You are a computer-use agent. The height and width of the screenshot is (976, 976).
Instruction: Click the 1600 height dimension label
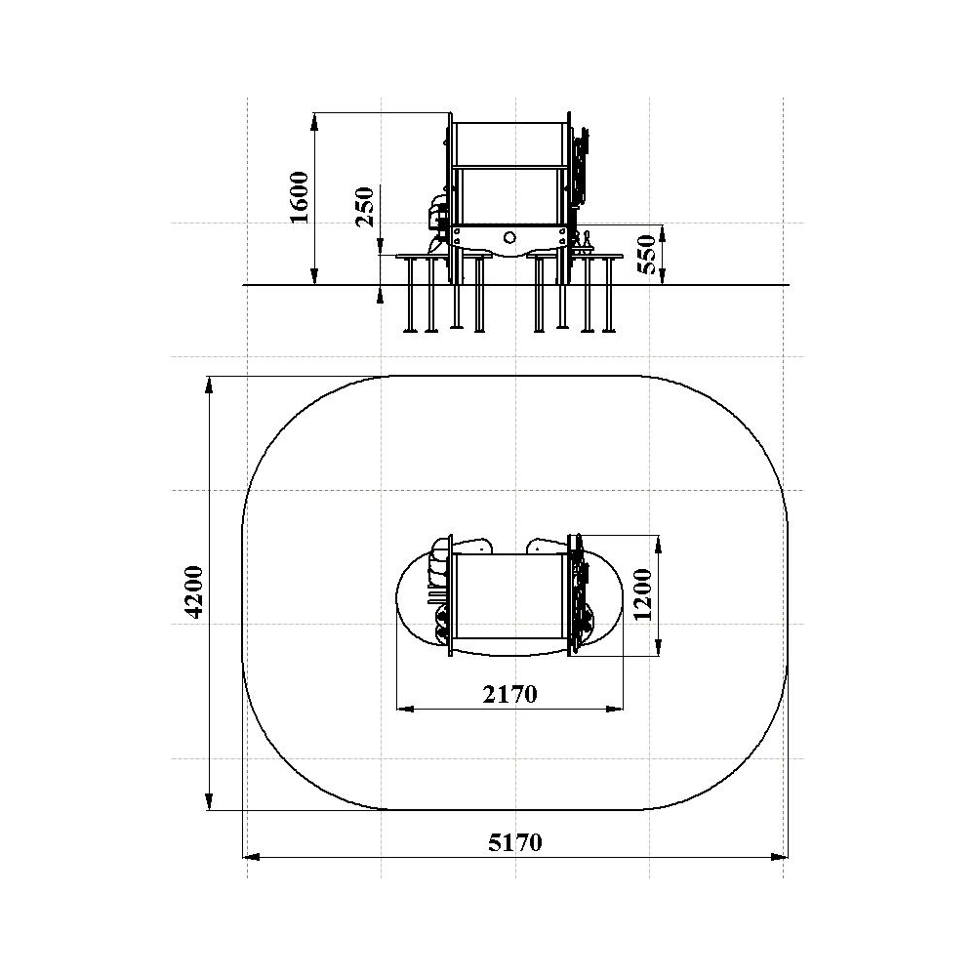tap(300, 197)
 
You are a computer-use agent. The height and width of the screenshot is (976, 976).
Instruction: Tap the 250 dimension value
tap(365, 207)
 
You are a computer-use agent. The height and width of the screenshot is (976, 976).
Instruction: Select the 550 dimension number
tap(647, 254)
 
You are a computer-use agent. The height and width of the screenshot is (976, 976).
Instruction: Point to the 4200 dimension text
tap(195, 592)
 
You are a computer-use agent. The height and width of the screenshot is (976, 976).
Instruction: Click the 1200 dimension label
tap(642, 595)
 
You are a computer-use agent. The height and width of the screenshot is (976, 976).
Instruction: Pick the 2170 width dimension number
tap(509, 694)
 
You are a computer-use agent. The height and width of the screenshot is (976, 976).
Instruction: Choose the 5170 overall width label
tap(514, 843)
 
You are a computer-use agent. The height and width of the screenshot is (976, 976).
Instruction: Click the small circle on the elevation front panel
tap(509, 238)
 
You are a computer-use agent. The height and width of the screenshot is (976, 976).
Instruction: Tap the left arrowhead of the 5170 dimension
tap(251, 857)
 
